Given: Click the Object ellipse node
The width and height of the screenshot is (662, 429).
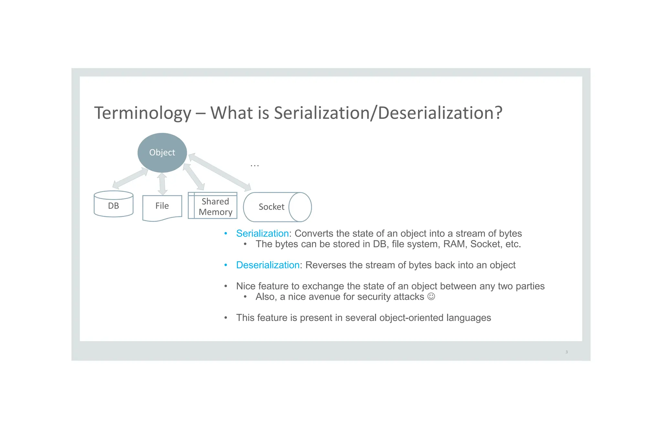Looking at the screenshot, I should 162,152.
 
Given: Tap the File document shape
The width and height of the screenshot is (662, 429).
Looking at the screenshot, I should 162,207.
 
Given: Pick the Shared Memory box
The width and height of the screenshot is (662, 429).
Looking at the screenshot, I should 212,206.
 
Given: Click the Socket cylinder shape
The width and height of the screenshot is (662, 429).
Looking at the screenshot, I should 277,207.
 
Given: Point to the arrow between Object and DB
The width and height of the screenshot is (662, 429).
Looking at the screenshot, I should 130,178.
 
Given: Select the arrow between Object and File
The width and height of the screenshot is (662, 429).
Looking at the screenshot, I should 162,184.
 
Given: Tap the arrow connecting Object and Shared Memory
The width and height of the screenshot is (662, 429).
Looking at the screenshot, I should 194,177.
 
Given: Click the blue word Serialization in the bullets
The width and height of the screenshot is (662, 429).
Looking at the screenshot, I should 262,233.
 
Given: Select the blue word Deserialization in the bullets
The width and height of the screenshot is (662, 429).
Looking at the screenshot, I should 268,265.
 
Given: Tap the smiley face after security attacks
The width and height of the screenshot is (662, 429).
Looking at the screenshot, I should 431,297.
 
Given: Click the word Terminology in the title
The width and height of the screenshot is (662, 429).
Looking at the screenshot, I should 143,113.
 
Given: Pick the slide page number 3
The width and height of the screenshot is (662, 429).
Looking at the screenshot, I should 567,352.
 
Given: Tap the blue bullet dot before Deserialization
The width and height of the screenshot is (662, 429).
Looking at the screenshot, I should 226,265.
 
